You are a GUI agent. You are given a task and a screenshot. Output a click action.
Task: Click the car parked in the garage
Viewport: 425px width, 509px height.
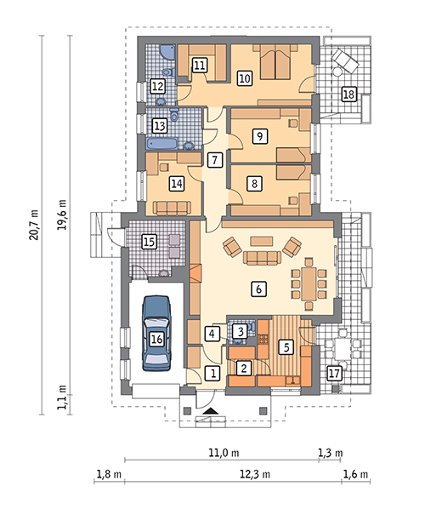coord(156,334)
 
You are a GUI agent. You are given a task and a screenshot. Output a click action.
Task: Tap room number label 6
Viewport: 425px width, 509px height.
coord(258,289)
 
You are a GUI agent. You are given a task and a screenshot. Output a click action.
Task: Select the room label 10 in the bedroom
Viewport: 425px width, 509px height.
coord(245,78)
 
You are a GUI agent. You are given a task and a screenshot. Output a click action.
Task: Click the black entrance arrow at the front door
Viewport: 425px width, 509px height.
coord(211,411)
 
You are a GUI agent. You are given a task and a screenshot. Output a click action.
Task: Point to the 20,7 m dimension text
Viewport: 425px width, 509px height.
coord(34,225)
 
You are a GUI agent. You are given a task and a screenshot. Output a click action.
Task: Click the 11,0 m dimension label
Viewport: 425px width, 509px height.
coord(224,453)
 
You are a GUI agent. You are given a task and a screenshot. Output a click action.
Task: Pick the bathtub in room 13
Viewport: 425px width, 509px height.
coord(161,144)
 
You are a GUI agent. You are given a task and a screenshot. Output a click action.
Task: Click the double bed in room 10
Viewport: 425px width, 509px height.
coord(275,61)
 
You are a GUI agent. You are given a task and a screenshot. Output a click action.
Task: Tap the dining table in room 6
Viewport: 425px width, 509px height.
coord(309,283)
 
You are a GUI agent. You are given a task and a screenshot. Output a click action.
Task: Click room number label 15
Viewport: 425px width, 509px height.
coord(149,242)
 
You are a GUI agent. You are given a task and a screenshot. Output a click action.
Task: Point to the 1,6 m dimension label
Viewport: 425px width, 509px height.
coord(355,474)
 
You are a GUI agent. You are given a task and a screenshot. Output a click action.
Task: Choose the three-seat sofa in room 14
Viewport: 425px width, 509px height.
coord(172,208)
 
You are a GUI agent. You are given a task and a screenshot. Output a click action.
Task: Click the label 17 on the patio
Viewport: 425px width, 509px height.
coord(335,373)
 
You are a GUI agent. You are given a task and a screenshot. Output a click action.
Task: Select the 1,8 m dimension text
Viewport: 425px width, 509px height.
coord(109,474)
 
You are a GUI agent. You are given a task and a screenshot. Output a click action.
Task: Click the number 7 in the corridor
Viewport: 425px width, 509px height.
coord(214,160)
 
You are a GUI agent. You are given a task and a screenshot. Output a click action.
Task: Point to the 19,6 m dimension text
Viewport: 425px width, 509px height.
coord(62,214)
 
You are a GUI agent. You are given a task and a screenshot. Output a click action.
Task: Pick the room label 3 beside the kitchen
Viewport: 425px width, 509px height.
coord(241,331)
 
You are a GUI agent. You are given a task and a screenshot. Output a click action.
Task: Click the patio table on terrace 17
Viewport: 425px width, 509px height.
coord(343,348)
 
